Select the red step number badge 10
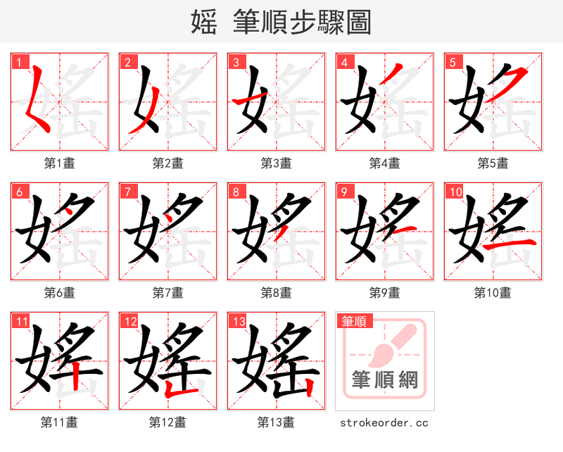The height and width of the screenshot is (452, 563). click(455, 192)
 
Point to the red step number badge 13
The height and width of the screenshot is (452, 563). click(238, 322)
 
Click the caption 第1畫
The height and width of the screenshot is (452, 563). click(60, 163)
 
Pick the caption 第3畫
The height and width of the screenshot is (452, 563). click(277, 163)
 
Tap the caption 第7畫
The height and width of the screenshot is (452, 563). click(168, 292)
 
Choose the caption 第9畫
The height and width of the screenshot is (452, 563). click(385, 292)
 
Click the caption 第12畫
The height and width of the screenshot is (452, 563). click(168, 422)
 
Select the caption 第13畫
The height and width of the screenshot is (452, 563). click(277, 422)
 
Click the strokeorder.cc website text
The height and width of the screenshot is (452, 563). click(384, 422)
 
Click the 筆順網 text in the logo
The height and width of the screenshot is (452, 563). click(385, 380)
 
